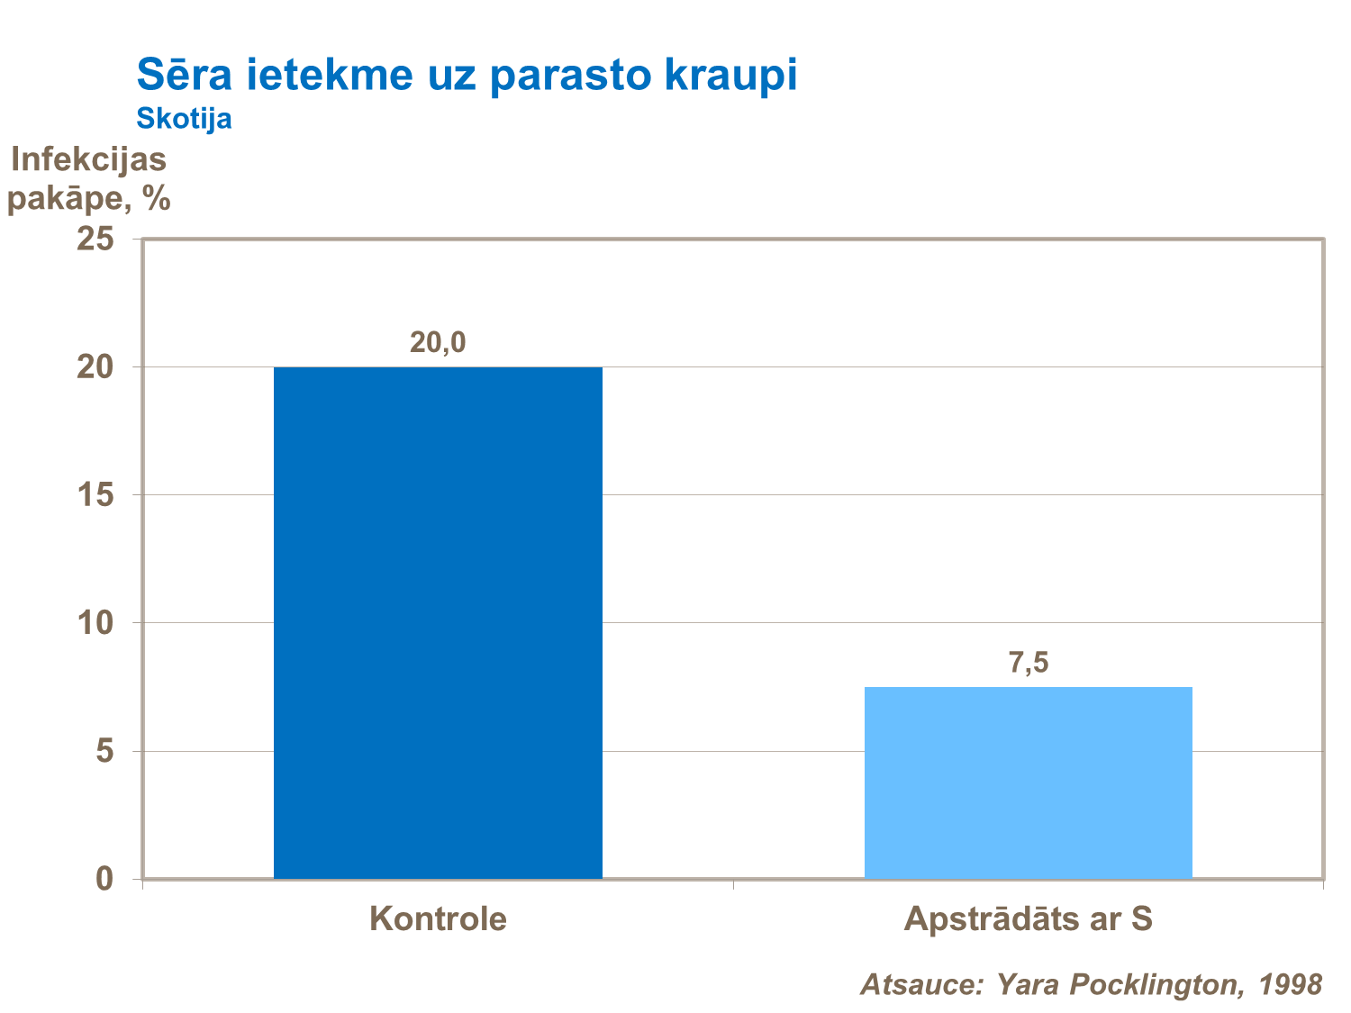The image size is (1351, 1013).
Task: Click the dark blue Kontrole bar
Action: click(x=438, y=621)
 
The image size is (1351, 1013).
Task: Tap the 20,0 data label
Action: click(x=438, y=342)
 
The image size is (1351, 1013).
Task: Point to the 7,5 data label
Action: click(x=1028, y=663)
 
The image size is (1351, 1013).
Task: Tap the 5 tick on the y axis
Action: click(x=104, y=751)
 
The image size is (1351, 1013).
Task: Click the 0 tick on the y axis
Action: click(x=104, y=879)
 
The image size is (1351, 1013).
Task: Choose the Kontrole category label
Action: click(x=438, y=919)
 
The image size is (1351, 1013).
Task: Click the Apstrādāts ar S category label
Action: click(x=1028, y=919)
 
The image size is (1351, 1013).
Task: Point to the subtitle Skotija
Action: click(x=184, y=119)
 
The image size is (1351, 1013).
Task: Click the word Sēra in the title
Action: click(x=184, y=76)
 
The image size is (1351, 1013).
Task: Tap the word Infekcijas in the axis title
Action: click(x=88, y=159)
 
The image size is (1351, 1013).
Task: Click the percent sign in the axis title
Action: click(x=156, y=198)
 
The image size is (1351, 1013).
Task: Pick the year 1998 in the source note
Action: click(x=1291, y=984)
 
